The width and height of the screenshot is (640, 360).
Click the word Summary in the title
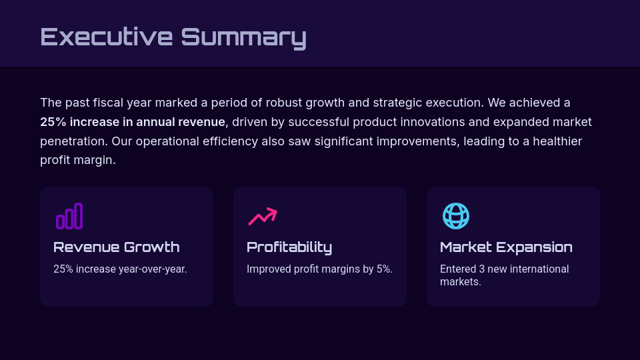pos(243,37)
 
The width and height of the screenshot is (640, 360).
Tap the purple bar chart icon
pos(69,216)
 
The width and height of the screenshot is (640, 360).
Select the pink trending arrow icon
pos(262,216)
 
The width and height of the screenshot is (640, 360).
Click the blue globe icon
pos(456,216)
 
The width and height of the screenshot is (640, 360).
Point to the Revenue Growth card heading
pos(116,247)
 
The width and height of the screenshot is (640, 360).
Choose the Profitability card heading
pos(289,247)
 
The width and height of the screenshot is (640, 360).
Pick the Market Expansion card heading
pos(506,247)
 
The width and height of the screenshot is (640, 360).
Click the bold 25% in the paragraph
pos(53,122)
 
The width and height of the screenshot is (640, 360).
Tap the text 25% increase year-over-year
pos(120,269)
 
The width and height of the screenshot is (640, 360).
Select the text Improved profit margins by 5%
pos(319,269)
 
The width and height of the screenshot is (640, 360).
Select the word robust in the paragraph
pos(285,103)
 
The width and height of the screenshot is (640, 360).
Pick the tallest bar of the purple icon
pos(79,215)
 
